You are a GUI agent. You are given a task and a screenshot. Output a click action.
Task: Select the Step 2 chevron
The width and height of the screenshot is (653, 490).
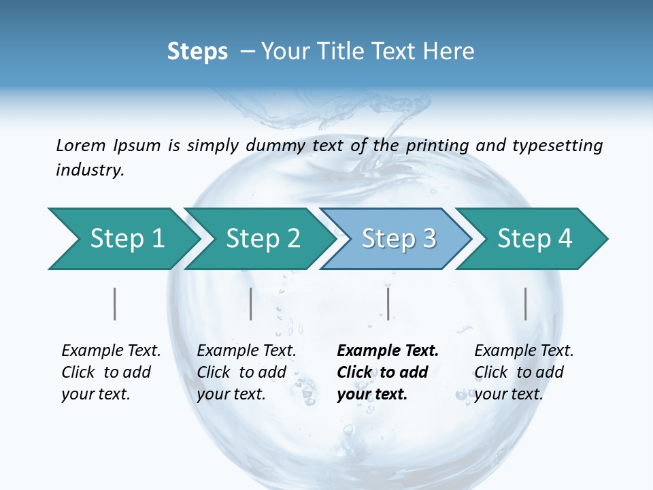(x=263, y=238)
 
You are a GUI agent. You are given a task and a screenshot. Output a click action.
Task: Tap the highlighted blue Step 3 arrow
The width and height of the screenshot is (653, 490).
(x=399, y=238)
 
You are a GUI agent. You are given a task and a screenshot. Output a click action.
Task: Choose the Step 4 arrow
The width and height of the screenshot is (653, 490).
(x=535, y=238)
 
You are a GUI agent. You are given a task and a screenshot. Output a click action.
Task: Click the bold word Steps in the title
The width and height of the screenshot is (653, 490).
(x=197, y=52)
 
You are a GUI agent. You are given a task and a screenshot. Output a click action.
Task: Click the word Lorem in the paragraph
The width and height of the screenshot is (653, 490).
(x=80, y=145)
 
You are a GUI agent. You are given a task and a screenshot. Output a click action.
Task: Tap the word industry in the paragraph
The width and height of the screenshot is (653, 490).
(x=89, y=170)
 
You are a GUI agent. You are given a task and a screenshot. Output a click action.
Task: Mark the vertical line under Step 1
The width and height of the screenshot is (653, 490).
(x=114, y=304)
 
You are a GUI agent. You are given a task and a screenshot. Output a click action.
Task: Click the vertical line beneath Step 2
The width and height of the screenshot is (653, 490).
(x=251, y=304)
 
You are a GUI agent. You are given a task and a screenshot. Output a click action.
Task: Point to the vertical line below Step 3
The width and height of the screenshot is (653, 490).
(x=388, y=304)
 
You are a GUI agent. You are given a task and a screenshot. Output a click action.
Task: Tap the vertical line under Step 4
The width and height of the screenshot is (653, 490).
(x=525, y=304)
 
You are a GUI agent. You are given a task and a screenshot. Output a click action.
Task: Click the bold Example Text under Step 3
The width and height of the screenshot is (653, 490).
(x=388, y=350)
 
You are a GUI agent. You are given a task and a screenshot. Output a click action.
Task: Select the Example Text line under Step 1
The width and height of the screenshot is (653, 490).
(x=111, y=350)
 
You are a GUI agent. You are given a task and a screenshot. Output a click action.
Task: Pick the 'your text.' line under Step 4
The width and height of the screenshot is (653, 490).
(x=508, y=394)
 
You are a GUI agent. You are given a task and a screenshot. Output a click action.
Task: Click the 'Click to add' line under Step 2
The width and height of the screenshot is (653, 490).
(x=241, y=372)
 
